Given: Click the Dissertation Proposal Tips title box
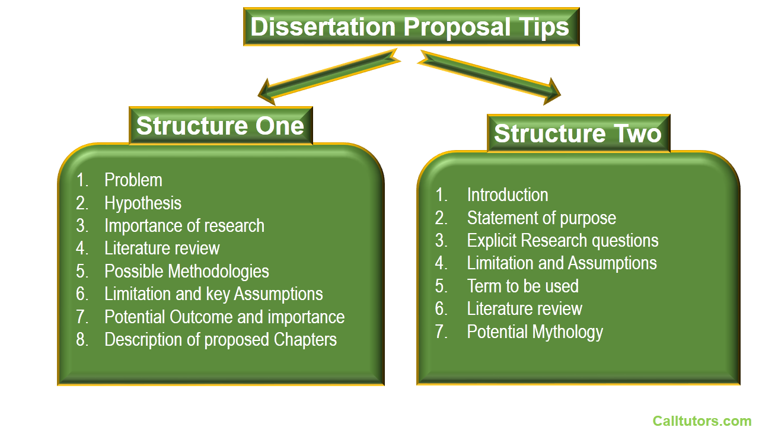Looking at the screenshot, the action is point(412,27).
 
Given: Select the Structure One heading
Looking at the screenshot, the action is point(221,126).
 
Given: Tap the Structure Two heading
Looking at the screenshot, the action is point(578,133).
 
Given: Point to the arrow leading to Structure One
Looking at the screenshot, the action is point(329,77).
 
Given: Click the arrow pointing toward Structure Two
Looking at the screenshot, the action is point(489,77).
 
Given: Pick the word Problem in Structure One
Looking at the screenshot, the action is point(133,180).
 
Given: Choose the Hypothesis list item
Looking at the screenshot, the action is point(143,203).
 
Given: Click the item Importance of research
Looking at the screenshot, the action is point(184,226).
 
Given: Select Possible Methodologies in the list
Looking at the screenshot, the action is point(187,272).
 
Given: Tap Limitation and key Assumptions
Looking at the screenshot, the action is point(213,294).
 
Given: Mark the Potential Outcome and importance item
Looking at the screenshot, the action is point(224,317).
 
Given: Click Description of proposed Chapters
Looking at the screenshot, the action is point(221,340).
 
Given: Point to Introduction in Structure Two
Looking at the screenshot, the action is point(508,195).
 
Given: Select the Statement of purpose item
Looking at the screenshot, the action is point(541,218).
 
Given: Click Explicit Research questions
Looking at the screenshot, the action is point(563,241).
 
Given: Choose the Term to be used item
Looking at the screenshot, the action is point(523,286).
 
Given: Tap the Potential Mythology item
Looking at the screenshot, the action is point(535,332).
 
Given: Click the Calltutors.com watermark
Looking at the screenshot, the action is point(702,421).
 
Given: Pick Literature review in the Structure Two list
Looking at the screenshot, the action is point(525,309).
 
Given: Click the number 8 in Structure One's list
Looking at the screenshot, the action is point(82,340).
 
